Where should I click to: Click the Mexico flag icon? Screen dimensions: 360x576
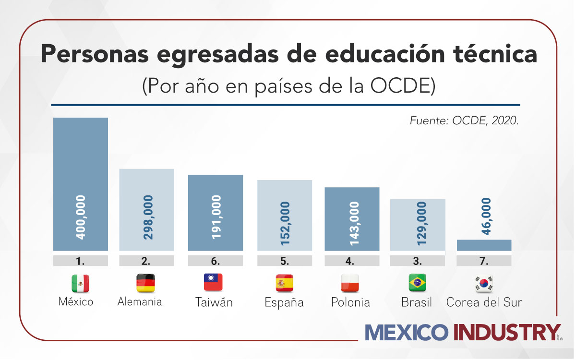click(x=80, y=284)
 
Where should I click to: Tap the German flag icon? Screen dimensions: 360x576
click(x=146, y=283)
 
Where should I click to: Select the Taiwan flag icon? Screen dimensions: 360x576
click(x=214, y=283)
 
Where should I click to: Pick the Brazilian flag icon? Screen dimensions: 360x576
click(x=417, y=283)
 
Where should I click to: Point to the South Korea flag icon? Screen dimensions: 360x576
click(x=484, y=284)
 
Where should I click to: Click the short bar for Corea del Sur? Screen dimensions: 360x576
click(x=484, y=245)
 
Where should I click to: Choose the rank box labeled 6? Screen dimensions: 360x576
click(x=215, y=262)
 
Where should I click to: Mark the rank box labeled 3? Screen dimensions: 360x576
click(x=417, y=262)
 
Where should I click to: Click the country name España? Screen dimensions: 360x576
click(x=284, y=303)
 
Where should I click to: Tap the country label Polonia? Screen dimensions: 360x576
click(x=350, y=303)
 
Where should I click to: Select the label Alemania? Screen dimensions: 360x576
click(x=140, y=302)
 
